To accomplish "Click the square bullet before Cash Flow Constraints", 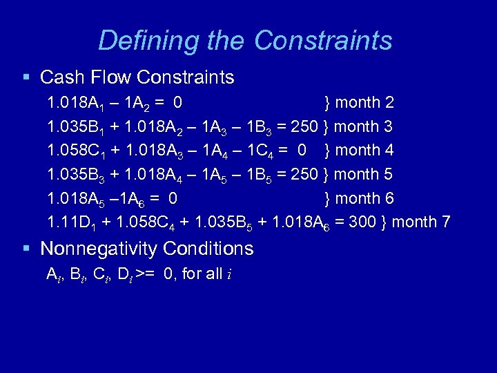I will click(26, 77).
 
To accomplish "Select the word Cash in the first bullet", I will click(61, 77).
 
